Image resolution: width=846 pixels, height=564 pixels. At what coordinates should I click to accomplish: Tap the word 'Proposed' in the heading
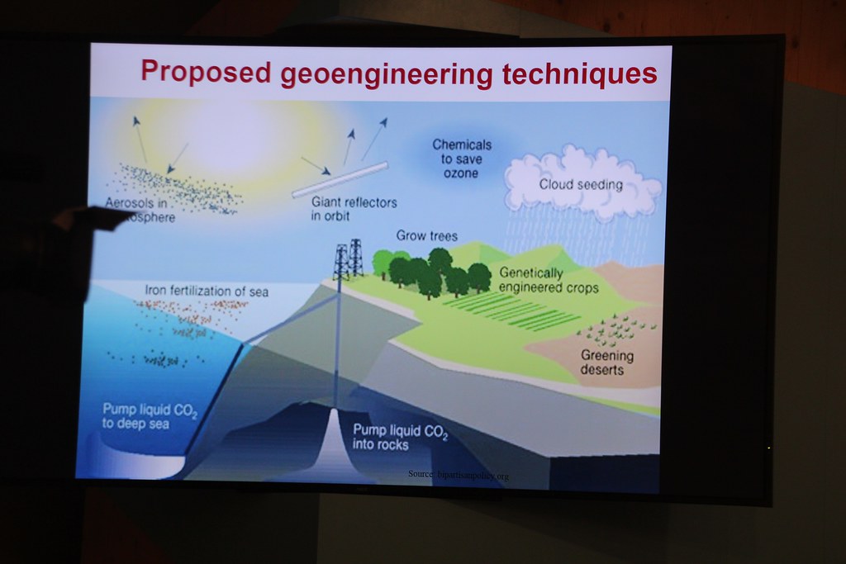[206, 72]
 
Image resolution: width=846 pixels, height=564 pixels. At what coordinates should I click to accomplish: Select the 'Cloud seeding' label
[580, 185]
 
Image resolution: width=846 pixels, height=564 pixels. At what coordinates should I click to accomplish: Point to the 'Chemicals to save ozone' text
[462, 159]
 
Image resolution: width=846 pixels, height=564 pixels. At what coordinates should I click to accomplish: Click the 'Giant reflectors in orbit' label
[354, 209]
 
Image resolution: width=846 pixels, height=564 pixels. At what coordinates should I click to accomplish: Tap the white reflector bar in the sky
[340, 179]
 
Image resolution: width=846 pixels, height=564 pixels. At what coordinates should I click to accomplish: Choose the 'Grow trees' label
[426, 236]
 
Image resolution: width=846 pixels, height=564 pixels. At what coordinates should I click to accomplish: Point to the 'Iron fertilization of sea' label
[207, 291]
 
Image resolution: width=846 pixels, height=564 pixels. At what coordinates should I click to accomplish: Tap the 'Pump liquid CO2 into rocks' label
[400, 437]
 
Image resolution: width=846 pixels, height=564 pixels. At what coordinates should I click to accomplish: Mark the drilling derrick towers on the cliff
[348, 259]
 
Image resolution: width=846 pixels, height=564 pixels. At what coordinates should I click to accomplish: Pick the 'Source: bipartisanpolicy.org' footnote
[458, 475]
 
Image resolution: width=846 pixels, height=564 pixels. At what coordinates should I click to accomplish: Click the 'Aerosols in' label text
[136, 202]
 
